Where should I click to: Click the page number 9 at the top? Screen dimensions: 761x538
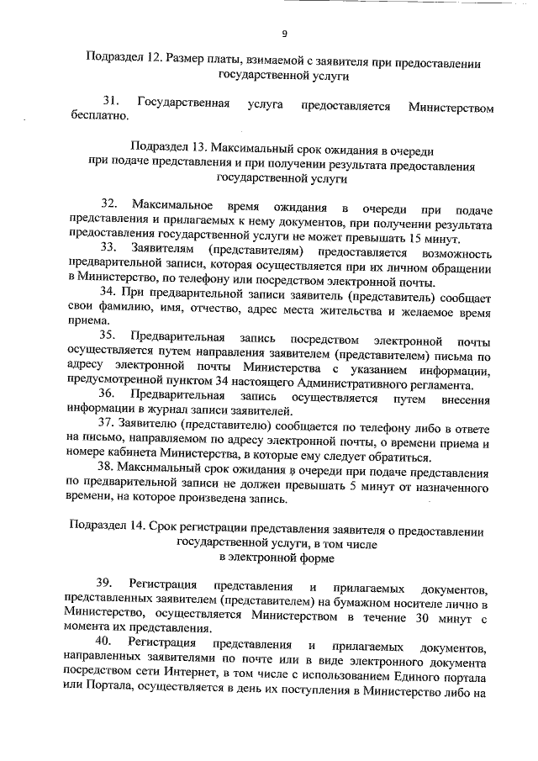(284, 34)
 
